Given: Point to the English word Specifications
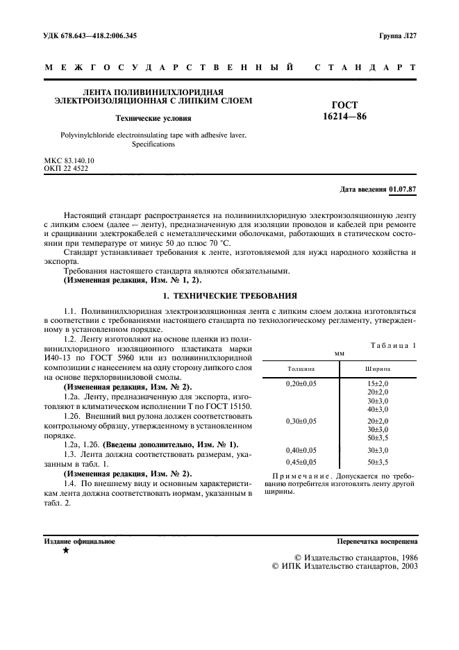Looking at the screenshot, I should (x=153, y=144).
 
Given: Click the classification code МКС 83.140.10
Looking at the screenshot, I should (x=69, y=160).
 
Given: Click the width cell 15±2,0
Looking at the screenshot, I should (x=378, y=384).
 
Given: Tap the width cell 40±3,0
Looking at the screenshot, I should (x=378, y=409).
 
